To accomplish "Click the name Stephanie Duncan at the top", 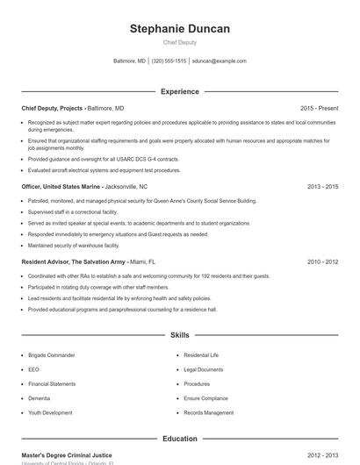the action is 180,29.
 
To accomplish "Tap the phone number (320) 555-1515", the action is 169,61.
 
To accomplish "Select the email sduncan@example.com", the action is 220,61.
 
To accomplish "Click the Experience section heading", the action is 180,91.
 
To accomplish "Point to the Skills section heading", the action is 180,335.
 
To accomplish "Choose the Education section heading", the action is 180,438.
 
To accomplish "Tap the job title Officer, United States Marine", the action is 61,187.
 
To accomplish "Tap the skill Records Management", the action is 209,412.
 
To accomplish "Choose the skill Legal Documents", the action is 204,369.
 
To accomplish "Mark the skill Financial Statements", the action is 52,383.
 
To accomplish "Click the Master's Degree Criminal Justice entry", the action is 67,455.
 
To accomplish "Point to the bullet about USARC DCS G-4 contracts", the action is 104,159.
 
